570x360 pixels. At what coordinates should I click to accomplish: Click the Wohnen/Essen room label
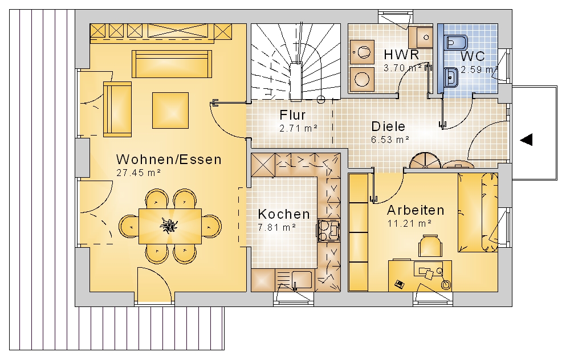pyautogui.click(x=169, y=159)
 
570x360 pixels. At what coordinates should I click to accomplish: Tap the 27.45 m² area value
pyautogui.click(x=139, y=173)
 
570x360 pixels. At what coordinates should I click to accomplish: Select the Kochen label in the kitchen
pyautogui.click(x=284, y=214)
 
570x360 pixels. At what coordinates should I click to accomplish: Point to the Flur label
pyautogui.click(x=292, y=115)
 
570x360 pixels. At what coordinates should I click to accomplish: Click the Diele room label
pyautogui.click(x=388, y=126)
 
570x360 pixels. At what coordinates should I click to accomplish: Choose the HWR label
pyautogui.click(x=401, y=55)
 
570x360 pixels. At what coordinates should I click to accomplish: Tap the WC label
pyautogui.click(x=473, y=56)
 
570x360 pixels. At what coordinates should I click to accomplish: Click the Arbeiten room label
pyautogui.click(x=416, y=210)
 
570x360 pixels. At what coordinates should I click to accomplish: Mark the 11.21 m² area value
pyautogui.click(x=409, y=223)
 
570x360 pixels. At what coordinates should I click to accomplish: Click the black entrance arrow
pyautogui.click(x=526, y=140)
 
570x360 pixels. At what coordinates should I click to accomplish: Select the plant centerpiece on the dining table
pyautogui.click(x=168, y=226)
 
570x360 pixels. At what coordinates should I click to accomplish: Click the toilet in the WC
pyautogui.click(x=456, y=43)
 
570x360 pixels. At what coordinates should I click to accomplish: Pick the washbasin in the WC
pyautogui.click(x=451, y=77)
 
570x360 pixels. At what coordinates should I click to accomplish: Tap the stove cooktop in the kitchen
pyautogui.click(x=329, y=230)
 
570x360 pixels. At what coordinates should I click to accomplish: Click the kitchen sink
pyautogui.click(x=295, y=280)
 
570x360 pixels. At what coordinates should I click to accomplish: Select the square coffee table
pyautogui.click(x=170, y=111)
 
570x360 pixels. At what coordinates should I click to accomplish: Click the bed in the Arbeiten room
pyautogui.click(x=477, y=212)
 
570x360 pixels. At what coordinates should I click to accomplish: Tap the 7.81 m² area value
pyautogui.click(x=276, y=228)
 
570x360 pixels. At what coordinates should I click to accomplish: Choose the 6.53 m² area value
pyautogui.click(x=390, y=140)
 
